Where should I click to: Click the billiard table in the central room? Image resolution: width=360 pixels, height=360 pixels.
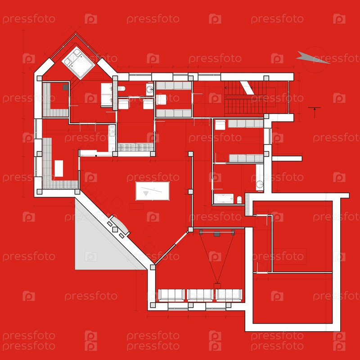153,191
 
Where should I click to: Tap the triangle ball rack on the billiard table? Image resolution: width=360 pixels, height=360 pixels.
146,193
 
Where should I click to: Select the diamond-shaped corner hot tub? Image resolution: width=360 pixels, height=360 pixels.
78,63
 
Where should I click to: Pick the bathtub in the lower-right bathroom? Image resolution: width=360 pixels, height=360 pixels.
224,199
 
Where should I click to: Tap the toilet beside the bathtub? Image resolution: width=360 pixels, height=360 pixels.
239,200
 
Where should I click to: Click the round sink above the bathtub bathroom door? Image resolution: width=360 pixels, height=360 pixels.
260,184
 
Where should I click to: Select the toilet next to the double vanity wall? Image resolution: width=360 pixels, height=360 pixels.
121,89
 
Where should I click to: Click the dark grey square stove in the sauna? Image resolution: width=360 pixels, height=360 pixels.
66,87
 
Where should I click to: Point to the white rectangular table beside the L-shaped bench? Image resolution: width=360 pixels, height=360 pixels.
59,168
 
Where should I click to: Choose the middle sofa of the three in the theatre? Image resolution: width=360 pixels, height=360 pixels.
200,295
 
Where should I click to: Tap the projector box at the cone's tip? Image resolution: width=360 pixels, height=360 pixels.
217,286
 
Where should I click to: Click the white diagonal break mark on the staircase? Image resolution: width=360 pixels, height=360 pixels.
247,88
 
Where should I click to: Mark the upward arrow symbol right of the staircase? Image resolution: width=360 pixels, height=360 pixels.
314,112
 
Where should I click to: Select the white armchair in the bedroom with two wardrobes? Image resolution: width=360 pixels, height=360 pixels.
220,125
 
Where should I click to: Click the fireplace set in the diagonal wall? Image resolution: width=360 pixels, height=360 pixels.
118,227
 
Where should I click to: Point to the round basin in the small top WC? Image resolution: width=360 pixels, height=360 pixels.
150,89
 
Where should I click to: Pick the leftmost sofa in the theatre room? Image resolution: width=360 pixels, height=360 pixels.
171,295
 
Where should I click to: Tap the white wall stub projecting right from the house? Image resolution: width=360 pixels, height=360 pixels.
287,158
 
